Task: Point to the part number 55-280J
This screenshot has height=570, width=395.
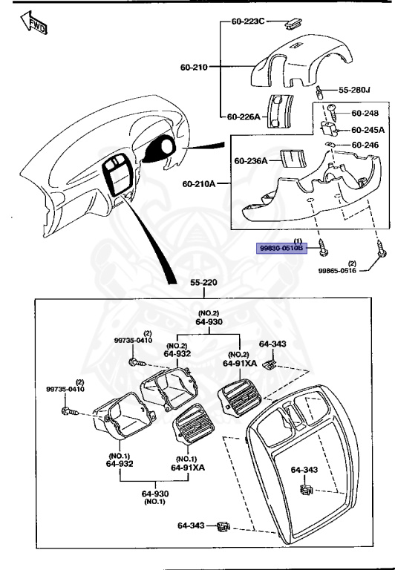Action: (x=354, y=90)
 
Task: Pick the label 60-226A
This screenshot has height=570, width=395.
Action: (x=243, y=117)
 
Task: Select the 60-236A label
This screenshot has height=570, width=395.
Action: (x=250, y=160)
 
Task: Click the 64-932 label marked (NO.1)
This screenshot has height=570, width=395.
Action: (x=119, y=463)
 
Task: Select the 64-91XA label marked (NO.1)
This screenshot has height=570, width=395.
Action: (x=188, y=467)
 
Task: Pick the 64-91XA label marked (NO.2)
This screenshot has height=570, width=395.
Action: (x=239, y=363)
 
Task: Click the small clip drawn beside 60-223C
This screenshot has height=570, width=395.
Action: (x=292, y=23)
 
